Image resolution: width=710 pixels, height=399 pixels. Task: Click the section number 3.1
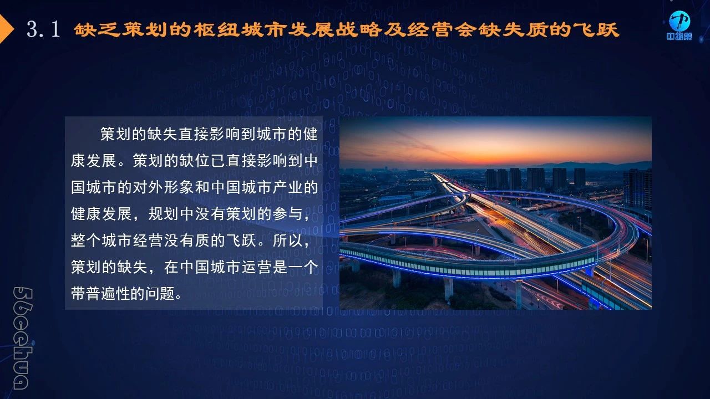[43, 29]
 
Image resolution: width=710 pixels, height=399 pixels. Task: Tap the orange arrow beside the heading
[6, 29]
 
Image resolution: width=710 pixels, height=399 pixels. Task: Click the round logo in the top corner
[679, 21]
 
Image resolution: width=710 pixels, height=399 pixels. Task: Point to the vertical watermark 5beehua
[23, 338]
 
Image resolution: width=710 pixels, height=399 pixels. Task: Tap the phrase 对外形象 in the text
[164, 187]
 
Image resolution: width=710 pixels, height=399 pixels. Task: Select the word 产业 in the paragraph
[287, 187]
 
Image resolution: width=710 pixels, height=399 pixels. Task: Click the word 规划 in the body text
[164, 214]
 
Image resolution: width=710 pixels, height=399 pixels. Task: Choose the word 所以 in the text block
[287, 241]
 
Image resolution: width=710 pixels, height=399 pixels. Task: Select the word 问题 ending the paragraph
[160, 294]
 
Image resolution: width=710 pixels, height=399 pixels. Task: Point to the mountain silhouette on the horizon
[586, 165]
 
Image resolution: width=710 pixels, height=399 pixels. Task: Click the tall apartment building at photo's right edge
[638, 190]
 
